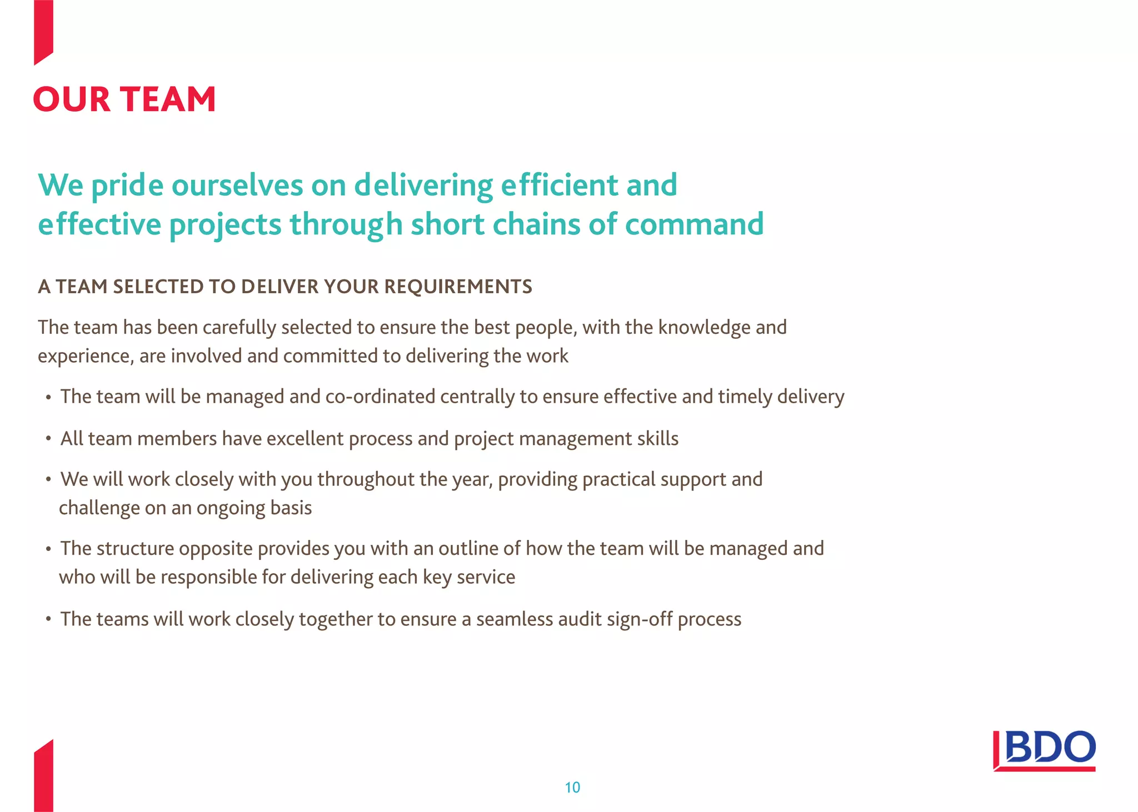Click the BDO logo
pyautogui.click(x=1044, y=750)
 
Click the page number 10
pyautogui.click(x=572, y=787)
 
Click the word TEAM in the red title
pyautogui.click(x=168, y=99)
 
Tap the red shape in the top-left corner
pyautogui.click(x=43, y=31)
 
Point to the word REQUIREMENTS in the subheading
pyautogui.click(x=458, y=287)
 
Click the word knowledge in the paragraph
pyautogui.click(x=704, y=327)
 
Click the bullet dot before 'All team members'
pyautogui.click(x=48, y=439)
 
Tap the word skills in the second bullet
pyautogui.click(x=658, y=439)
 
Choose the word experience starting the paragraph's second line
pyautogui.click(x=86, y=356)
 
